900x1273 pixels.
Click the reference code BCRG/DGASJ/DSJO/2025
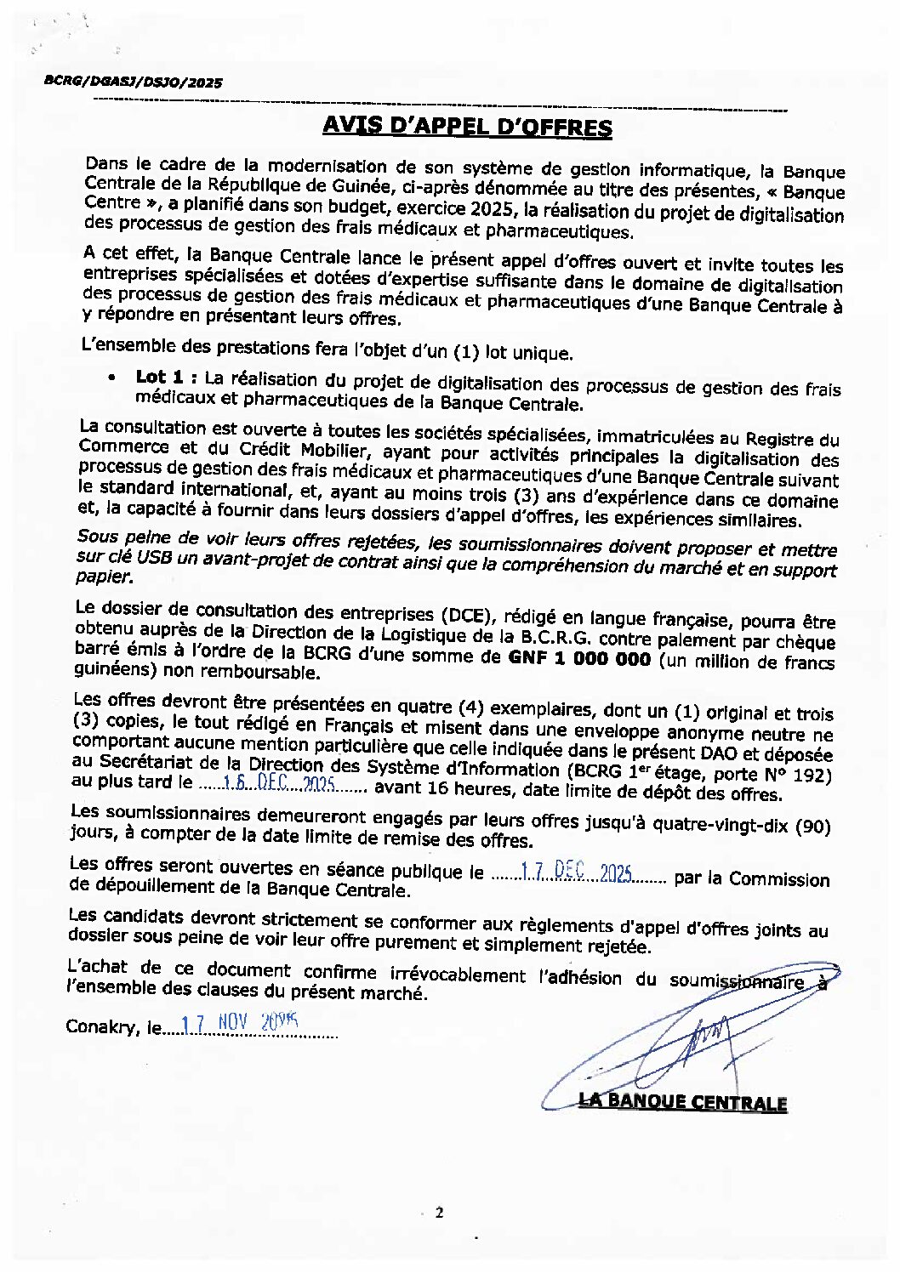[x=133, y=82]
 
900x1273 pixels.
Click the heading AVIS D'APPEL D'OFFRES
[x=467, y=128]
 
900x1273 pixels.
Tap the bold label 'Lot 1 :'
[x=167, y=377]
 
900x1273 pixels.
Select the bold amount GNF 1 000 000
[x=579, y=658]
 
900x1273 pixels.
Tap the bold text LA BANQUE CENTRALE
[x=682, y=1103]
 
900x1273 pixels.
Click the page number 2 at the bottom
[x=439, y=1213]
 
